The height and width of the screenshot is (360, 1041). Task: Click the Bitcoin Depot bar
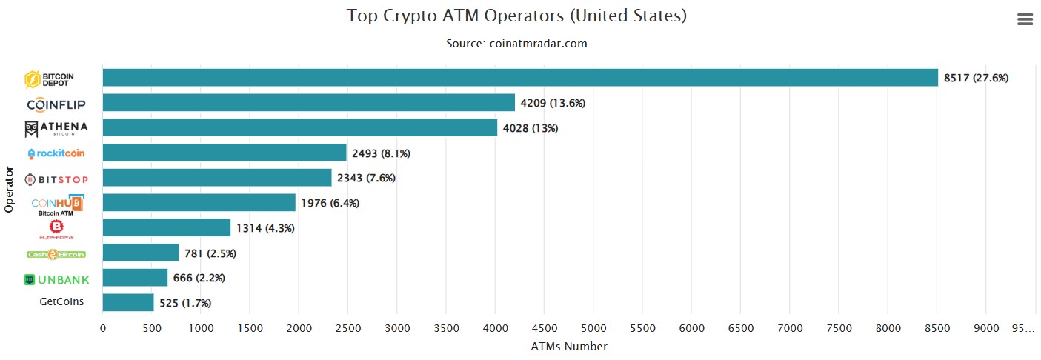pos(519,78)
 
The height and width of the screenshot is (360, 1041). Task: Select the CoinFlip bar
pos(308,103)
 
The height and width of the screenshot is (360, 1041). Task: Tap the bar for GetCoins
pos(128,302)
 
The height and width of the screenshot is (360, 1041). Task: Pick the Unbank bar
pos(135,278)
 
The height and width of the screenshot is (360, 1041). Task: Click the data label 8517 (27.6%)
pos(976,78)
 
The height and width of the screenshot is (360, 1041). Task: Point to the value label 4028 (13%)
pos(531,128)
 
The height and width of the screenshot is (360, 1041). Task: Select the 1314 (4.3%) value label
pos(265,228)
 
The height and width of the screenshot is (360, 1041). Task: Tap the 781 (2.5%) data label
pos(210,253)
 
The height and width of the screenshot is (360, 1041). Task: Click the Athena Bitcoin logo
pos(56,129)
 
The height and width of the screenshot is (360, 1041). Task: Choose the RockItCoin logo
pos(56,153)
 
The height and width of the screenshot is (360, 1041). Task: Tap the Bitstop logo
pos(56,179)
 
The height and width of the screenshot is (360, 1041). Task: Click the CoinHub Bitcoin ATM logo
pos(57,204)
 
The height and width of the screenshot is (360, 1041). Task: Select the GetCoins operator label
pos(61,302)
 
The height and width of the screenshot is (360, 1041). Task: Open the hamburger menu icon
pos(1025,20)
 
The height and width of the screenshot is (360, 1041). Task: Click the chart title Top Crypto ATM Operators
pos(517,16)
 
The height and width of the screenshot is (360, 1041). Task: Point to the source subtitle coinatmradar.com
pos(516,44)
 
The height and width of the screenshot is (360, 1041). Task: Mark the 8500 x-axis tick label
pos(937,328)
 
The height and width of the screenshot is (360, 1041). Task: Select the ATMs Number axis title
pos(569,347)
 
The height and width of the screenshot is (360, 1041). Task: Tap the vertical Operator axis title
pos(10,190)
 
